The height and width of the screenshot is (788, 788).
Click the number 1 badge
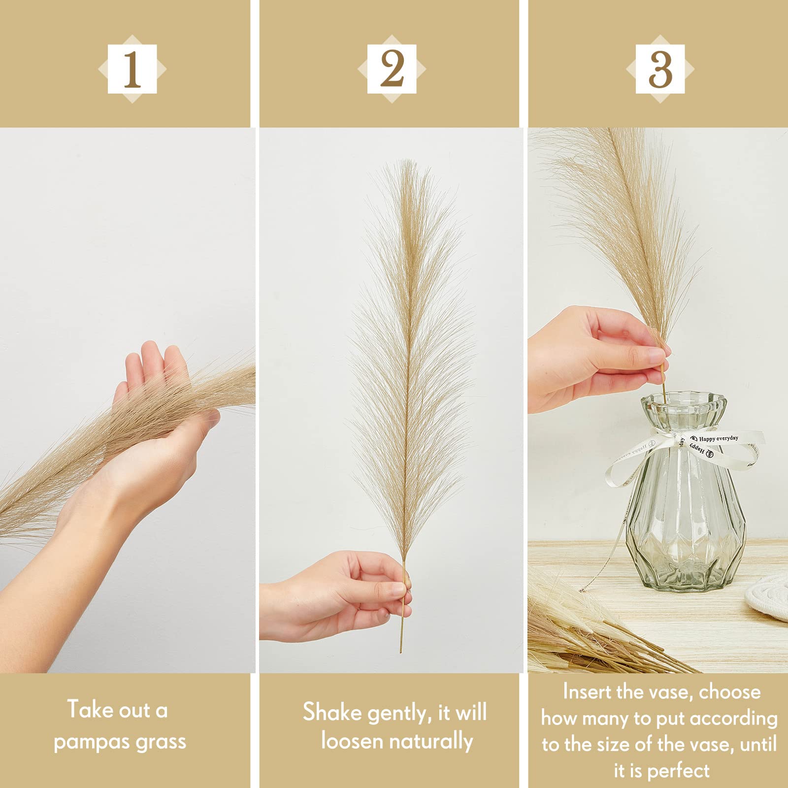pyautogui.click(x=132, y=69)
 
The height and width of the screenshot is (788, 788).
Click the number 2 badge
pyautogui.click(x=392, y=69)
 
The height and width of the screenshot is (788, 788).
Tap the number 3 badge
pyautogui.click(x=660, y=69)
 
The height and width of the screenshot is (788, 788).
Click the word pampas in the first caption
pyautogui.click(x=92, y=742)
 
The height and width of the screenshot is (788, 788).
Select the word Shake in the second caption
pyautogui.click(x=331, y=712)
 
